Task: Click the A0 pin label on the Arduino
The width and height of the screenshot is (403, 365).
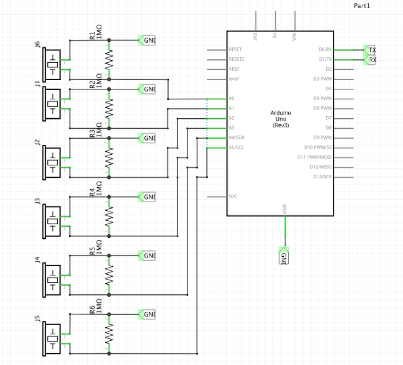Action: (232, 98)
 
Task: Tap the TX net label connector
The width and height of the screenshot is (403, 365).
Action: (371, 50)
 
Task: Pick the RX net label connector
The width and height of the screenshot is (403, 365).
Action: (371, 60)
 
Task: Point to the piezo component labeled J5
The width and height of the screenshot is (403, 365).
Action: (52, 338)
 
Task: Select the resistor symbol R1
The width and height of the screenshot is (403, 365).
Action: (110, 59)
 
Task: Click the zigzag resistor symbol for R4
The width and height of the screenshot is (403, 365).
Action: (110, 216)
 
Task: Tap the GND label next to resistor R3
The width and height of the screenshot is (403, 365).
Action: (148, 138)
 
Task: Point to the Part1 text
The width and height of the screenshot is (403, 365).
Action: (362, 5)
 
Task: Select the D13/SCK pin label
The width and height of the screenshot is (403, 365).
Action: (322, 177)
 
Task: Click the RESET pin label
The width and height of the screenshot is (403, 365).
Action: (236, 49)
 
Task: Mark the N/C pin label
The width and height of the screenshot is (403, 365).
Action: (233, 196)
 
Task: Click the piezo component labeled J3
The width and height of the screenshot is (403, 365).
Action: (52, 221)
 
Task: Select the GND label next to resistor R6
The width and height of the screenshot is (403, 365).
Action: (148, 314)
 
